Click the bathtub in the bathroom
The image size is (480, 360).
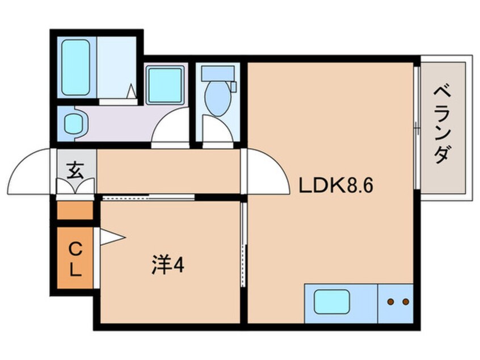tap(75, 68)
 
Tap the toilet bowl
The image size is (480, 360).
tap(218, 97)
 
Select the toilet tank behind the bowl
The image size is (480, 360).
tap(218, 74)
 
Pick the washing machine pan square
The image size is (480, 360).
tap(165, 85)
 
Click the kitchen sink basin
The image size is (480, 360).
tap(331, 302)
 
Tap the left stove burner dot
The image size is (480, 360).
tap(390, 302)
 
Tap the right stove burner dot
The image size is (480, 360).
tap(406, 302)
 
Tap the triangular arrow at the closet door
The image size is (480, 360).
tap(112, 237)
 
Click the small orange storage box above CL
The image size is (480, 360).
tap(75, 211)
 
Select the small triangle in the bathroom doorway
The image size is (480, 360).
tap(132, 91)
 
